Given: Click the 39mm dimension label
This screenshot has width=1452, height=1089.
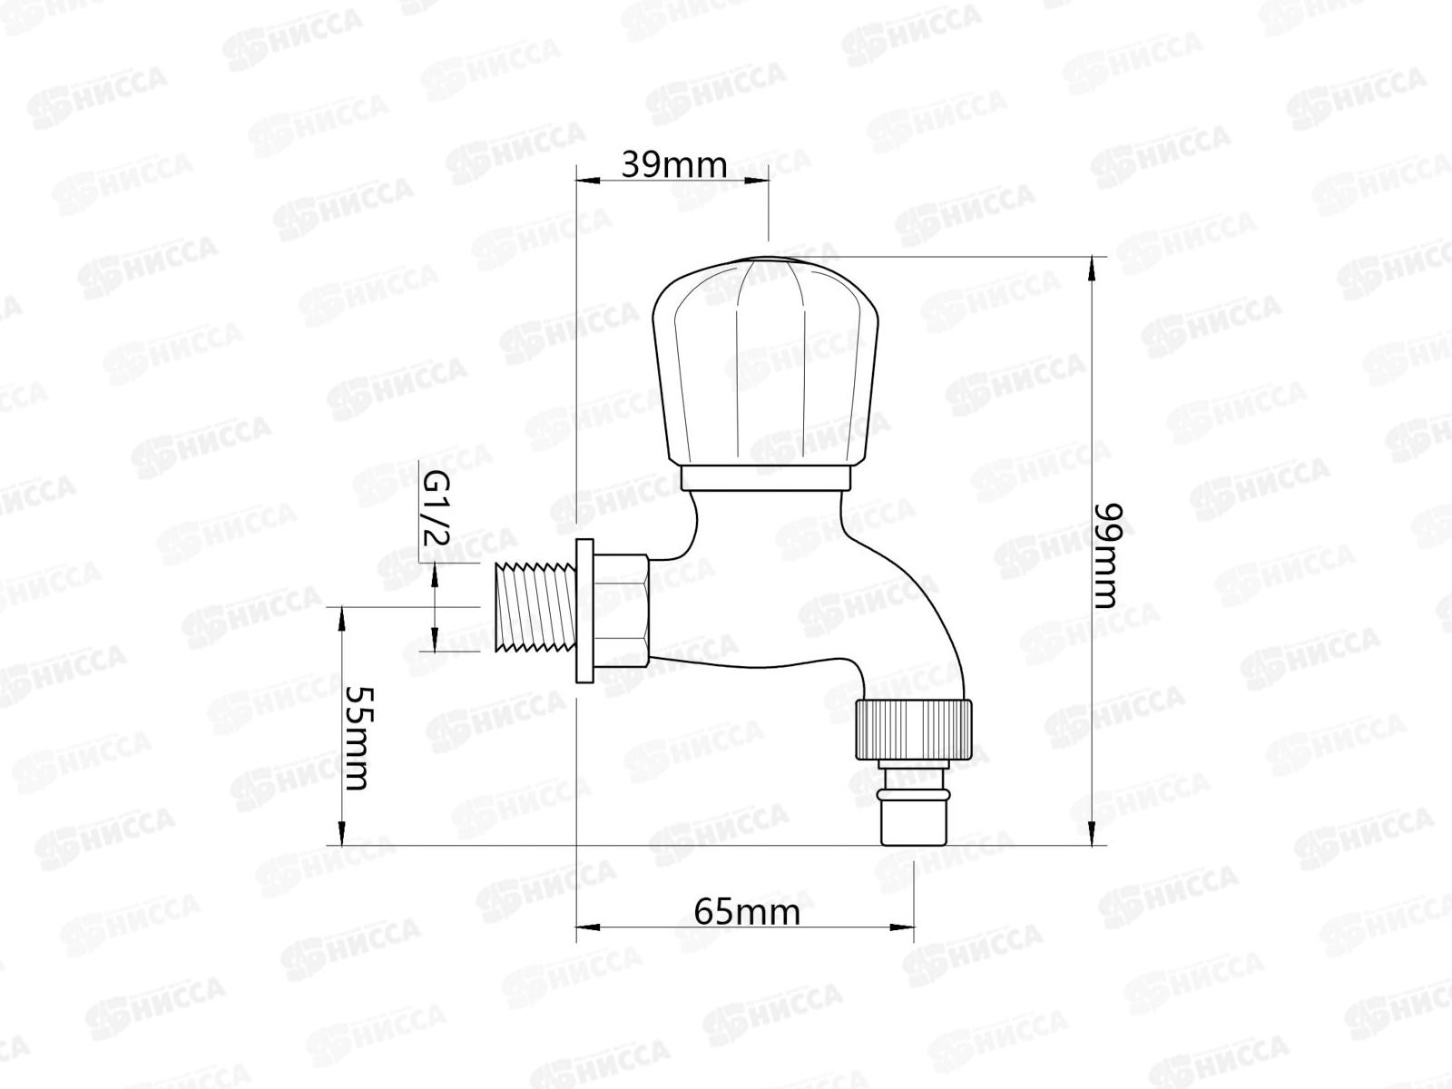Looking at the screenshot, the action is (674, 165).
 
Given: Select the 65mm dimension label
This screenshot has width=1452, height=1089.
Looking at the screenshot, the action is (747, 912).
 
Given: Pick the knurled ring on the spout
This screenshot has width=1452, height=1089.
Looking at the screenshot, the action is (914, 730).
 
